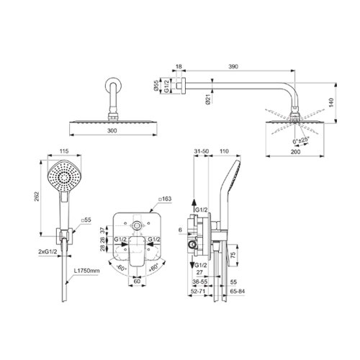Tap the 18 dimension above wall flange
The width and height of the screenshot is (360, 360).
(x=179, y=66)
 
